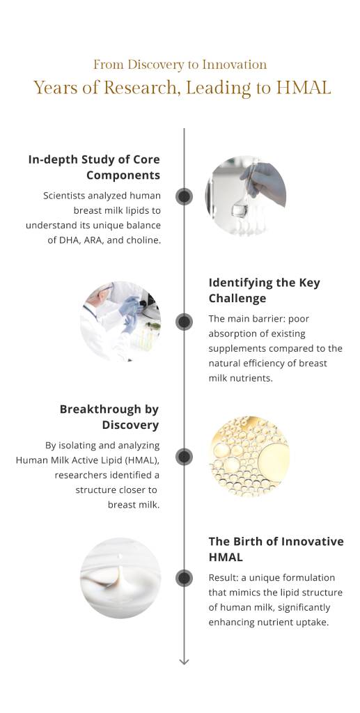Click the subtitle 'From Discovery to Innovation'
pyautogui.click(x=180, y=65)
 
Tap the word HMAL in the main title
pyautogui.click(x=304, y=88)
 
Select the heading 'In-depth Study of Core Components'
pyautogui.click(x=94, y=167)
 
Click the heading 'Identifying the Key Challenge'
pyautogui.click(x=265, y=290)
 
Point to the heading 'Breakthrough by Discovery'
pyautogui.click(x=109, y=416)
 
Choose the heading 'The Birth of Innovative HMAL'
pyautogui.click(x=276, y=549)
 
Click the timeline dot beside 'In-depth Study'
pyautogui.click(x=184, y=196)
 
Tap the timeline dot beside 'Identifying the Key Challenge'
pyautogui.click(x=184, y=322)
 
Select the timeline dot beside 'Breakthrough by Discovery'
pyautogui.click(x=184, y=457)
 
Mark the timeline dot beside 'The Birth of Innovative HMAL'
pyautogui.click(x=184, y=578)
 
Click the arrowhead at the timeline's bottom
pyautogui.click(x=184, y=661)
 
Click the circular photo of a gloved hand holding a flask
pyautogui.click(x=245, y=196)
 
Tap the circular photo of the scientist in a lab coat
pyautogui.click(x=121, y=322)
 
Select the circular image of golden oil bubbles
pyautogui.click(x=249, y=457)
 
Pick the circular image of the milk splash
pyautogui.click(x=121, y=578)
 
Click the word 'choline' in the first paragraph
pyautogui.click(x=141, y=241)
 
